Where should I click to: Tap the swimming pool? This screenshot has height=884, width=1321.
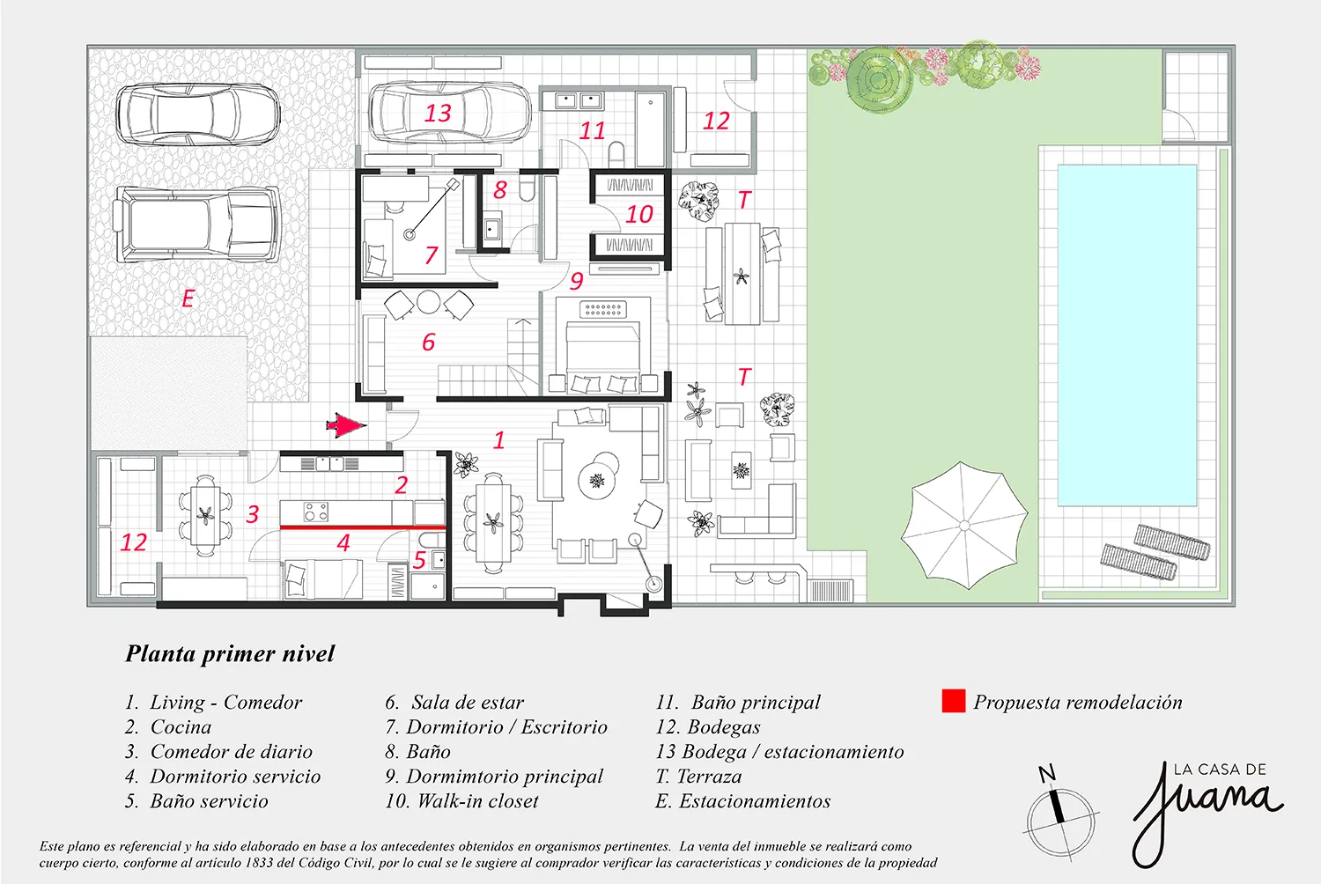1127,335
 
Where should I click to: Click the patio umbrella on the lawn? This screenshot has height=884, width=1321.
963,525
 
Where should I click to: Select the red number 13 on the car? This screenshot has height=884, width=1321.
438,114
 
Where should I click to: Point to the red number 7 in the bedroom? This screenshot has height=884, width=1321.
432,255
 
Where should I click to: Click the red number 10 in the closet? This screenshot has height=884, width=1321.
639,215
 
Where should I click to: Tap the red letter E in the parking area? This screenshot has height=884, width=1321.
188,298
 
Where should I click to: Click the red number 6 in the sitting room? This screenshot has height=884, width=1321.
429,342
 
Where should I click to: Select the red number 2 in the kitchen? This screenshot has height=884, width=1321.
402,485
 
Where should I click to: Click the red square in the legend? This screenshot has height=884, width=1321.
953,701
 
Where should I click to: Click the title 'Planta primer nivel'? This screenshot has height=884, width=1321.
230,653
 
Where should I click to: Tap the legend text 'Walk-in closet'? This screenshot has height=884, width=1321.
477,801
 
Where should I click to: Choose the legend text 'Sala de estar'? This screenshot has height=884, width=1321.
468,702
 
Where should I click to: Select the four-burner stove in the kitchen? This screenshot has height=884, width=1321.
315,512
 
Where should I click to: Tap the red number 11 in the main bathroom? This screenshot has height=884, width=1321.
592,131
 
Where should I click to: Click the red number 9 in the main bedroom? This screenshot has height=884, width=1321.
576,281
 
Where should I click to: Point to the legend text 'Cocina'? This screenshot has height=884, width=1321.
181,726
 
